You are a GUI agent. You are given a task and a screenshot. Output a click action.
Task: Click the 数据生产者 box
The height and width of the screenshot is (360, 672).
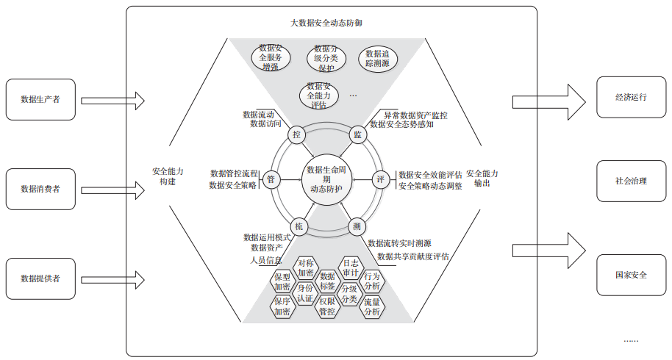(x=40, y=99)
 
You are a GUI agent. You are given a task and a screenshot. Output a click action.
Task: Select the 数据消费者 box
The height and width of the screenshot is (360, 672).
(x=40, y=189)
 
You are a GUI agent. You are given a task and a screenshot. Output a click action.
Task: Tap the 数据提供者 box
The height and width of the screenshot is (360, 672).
(x=40, y=278)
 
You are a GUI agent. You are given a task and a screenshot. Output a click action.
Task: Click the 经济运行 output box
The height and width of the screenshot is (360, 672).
(x=632, y=97)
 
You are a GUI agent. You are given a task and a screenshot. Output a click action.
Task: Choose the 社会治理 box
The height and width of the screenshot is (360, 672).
(x=632, y=181)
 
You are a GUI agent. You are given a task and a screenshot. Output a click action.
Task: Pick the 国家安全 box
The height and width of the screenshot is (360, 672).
(x=632, y=275)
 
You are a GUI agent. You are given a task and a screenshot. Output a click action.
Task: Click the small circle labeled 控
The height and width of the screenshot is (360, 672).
(x=296, y=135)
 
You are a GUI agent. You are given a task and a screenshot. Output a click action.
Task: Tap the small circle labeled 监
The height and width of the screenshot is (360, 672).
(x=357, y=135)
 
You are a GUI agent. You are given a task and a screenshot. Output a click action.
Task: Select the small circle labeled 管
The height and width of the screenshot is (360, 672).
(x=271, y=179)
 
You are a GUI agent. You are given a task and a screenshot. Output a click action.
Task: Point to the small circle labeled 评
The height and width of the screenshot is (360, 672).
(x=381, y=179)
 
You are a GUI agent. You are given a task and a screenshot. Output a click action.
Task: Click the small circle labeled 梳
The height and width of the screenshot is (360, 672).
(x=299, y=226)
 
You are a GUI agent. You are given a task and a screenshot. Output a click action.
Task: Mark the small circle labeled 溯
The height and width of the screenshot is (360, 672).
(x=357, y=226)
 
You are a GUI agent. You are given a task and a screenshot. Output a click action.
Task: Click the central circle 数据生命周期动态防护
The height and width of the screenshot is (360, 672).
(x=326, y=179)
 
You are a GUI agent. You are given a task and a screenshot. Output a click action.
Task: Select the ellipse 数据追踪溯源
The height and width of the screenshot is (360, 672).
(x=378, y=59)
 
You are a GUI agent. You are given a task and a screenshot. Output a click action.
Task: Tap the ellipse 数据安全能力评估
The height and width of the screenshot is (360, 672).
(x=319, y=96)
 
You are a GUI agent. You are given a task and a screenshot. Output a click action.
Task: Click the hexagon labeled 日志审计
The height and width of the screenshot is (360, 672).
(x=351, y=268)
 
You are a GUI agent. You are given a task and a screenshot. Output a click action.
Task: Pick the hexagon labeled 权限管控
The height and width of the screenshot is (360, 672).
(x=327, y=306)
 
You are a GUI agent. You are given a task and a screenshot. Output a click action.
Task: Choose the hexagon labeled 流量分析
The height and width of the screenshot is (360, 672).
(x=372, y=307)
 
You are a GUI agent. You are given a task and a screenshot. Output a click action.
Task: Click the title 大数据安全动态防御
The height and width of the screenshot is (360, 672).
(x=326, y=23)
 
